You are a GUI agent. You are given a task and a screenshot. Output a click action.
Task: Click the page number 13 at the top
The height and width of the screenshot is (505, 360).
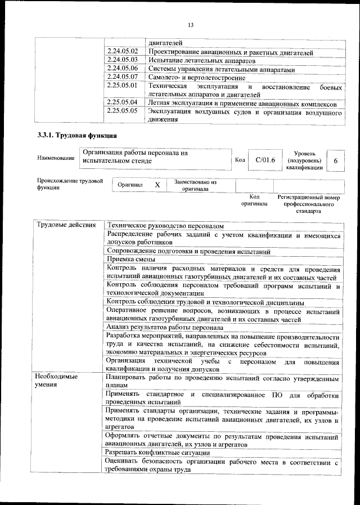coord(190,25)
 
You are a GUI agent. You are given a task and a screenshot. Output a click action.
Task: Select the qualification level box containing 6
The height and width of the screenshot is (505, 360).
coord(335,160)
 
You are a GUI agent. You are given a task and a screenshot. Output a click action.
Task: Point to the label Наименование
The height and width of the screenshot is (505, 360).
coord(56,158)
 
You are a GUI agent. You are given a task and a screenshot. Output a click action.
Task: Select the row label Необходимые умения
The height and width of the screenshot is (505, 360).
coord(56,381)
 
